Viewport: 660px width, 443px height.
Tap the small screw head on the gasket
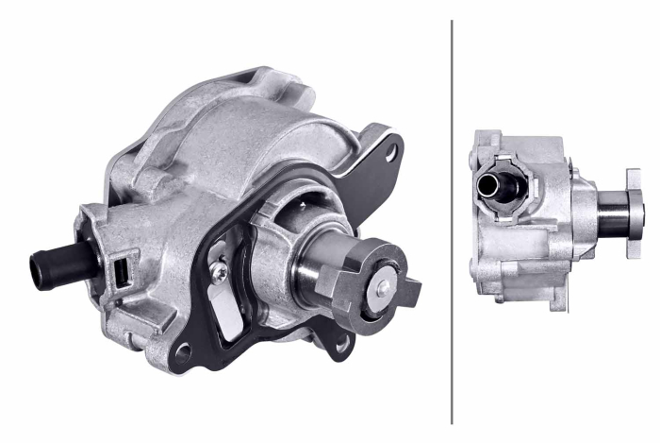coord(220,272)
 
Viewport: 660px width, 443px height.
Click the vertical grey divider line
coord(453,221)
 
